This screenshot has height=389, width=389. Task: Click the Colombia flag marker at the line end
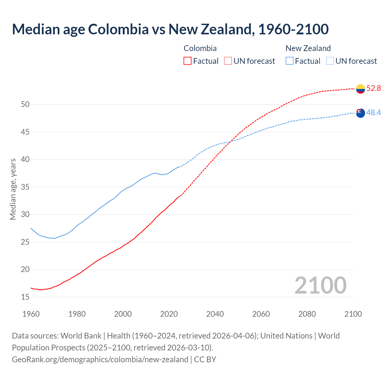tap(360, 89)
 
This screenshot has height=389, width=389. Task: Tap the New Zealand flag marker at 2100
tap(360, 113)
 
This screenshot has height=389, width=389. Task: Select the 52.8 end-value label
tap(374, 88)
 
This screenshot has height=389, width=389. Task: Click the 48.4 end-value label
tap(374, 113)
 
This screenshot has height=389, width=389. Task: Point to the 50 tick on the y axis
tap(25, 105)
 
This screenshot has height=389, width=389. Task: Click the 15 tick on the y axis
tap(25, 297)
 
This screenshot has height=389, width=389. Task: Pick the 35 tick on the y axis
tap(25, 187)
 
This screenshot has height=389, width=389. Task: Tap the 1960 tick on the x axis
tap(31, 314)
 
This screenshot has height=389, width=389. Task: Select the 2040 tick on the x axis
tap(215, 314)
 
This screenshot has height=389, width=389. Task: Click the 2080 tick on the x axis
tap(307, 314)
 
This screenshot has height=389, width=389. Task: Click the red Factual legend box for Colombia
tap(188, 61)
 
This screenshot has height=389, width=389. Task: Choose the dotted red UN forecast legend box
tap(228, 61)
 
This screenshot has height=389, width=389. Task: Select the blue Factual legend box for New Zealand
tap(290, 61)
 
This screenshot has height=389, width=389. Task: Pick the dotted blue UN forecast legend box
tap(330, 61)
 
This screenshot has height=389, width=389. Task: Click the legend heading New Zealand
tap(308, 48)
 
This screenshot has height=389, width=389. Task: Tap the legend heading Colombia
tap(200, 48)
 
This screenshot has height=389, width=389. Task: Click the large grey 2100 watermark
tap(320, 285)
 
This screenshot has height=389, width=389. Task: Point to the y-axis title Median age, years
tap(13, 189)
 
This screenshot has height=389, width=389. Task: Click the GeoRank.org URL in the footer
tap(100, 360)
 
